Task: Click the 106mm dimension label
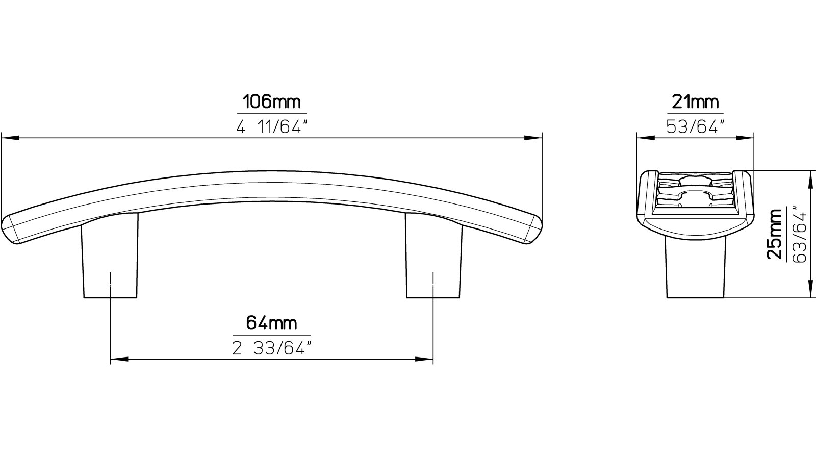click(x=271, y=102)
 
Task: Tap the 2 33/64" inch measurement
click(x=271, y=348)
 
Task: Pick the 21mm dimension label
click(x=695, y=102)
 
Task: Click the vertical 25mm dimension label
click(x=775, y=234)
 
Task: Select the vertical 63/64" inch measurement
click(x=800, y=234)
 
